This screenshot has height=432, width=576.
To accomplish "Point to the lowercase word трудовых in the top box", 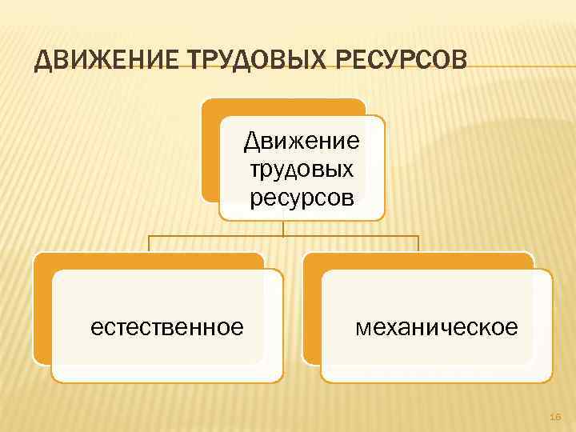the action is pos(302,170).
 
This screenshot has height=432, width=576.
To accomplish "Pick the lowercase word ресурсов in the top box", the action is pos(302,197).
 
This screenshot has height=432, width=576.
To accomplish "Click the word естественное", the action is pos(167,327).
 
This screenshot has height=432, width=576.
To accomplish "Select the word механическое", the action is pos(436,327).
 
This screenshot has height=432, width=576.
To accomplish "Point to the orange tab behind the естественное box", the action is pos(42,312).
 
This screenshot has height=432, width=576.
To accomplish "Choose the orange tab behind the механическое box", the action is pos(312,312).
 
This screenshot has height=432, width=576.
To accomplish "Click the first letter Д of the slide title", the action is pos(44,61).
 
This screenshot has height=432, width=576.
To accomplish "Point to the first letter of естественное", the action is pos(96,328).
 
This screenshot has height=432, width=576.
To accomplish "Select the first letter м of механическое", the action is pos(362,328).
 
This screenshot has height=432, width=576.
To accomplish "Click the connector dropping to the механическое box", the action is pos(418,245).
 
